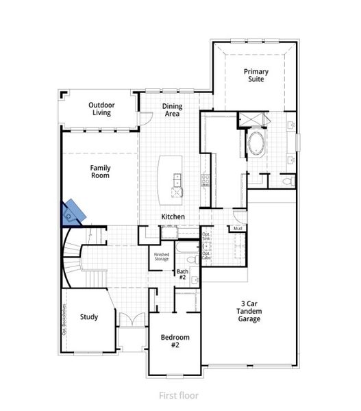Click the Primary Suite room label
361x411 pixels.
coord(256,75)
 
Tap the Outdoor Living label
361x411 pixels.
coord(101,109)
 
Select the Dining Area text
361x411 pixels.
coord(171,110)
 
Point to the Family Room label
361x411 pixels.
coord(100,171)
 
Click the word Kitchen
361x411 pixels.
coord(173,217)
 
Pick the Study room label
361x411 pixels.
coord(88,317)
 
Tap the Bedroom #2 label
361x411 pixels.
coord(175,341)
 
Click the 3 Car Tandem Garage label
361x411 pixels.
coord(249,312)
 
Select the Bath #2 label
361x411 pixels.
coord(182,275)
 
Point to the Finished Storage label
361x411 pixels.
coord(161,258)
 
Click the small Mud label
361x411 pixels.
coord(238,229)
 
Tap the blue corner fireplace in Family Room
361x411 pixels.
coord(73,212)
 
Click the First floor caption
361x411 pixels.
coord(179,395)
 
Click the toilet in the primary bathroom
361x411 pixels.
coord(288,181)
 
